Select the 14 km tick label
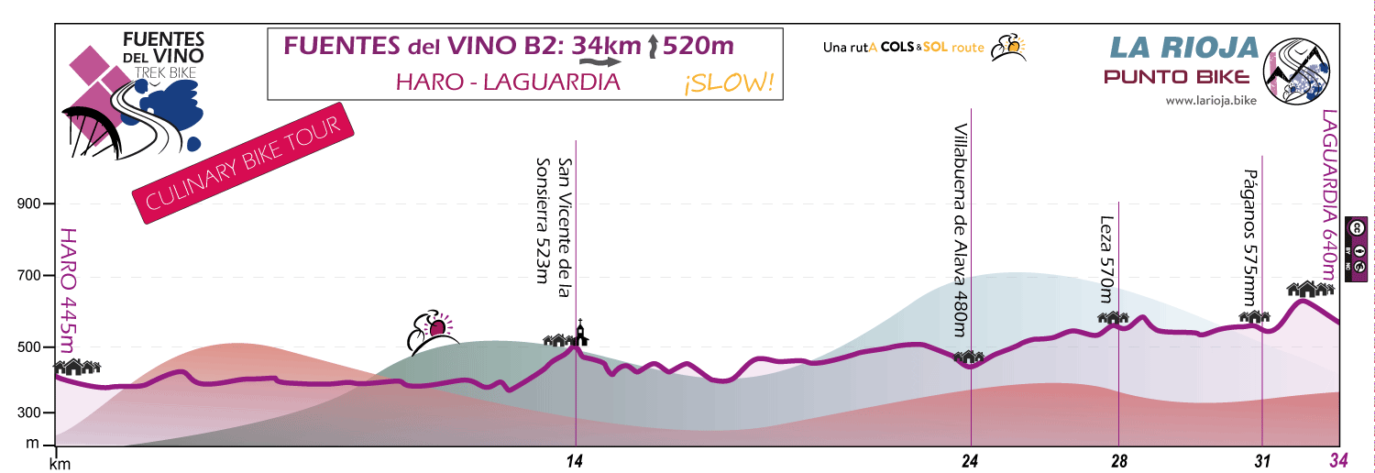click(575, 461)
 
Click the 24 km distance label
click(971, 461)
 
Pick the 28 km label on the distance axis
click(1118, 461)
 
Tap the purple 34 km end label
click(1339, 461)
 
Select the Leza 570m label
click(1105, 259)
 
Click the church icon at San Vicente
click(580, 331)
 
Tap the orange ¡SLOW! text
click(729, 83)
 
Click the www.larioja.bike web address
click(1210, 101)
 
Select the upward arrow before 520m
click(652, 46)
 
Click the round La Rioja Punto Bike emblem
click(1296, 70)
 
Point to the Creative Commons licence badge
click(1355, 246)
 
